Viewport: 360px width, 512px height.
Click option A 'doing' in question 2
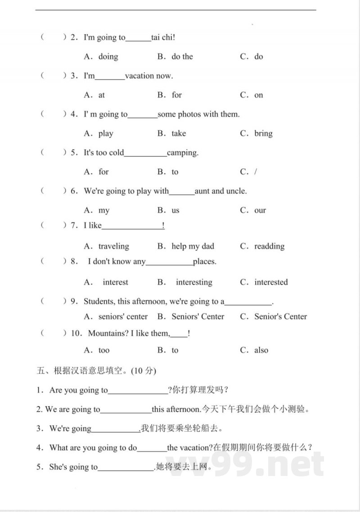coord(108,57)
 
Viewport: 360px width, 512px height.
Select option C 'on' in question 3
coord(258,95)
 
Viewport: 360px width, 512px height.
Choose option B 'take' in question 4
coord(178,133)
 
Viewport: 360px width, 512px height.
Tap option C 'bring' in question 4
coord(263,133)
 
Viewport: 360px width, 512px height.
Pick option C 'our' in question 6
coord(260,210)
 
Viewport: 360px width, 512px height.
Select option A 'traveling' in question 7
coord(113,246)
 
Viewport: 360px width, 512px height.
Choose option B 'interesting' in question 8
coord(194,282)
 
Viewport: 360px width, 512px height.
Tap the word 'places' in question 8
coord(204,261)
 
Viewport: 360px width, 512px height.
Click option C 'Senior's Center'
coord(280,317)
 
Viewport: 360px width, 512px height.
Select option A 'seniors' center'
coord(123,317)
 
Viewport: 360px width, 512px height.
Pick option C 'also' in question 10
coord(261,350)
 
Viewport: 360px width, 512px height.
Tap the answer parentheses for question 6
coord(54,191)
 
